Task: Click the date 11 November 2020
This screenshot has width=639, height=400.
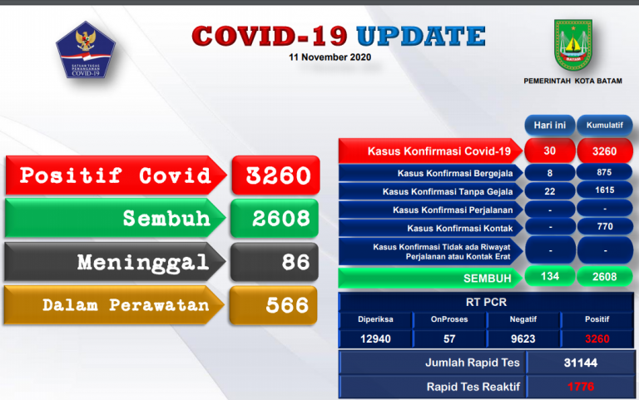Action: coord(329,57)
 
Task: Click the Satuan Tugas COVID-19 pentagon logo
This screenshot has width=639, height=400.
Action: coord(81,52)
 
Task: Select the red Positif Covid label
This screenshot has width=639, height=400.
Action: coord(114,175)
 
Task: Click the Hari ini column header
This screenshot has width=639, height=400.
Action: coord(548,125)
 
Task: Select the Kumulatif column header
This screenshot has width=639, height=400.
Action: coord(604,125)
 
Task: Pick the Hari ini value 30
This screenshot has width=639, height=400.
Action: coord(548,151)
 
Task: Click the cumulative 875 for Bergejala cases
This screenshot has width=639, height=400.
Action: coord(604,173)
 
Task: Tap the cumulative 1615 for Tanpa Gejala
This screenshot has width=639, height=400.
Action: coord(604,191)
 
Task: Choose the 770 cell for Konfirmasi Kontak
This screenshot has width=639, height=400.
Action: coord(604,227)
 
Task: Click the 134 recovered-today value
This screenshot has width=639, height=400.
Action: coord(548,276)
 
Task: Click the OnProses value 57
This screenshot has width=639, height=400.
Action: coord(448,338)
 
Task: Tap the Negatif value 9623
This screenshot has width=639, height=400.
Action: coord(523,338)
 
